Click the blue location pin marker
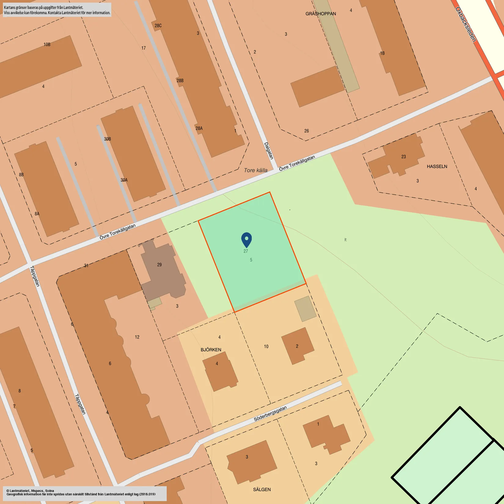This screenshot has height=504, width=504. click(x=247, y=239)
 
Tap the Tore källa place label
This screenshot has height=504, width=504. click(x=256, y=170)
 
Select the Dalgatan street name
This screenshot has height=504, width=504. click(x=268, y=151)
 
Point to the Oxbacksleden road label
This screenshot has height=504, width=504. click(x=466, y=24)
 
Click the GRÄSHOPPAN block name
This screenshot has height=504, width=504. click(x=320, y=14)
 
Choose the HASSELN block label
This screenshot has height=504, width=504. click(x=437, y=166)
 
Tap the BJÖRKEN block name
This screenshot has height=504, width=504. click(x=211, y=350)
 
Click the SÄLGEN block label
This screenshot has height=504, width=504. click(x=262, y=489)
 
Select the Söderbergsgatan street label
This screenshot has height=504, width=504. click(x=270, y=414)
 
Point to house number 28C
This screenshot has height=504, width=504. click(x=158, y=26)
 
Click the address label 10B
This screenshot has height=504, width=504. click(x=47, y=45)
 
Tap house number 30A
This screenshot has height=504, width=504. click(x=124, y=180)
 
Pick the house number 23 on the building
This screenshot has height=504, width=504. click(x=404, y=157)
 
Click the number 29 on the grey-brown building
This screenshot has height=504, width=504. click(x=159, y=265)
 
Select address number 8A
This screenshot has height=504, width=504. click(x=37, y=214)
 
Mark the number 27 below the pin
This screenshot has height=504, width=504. click(x=246, y=251)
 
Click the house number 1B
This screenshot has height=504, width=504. click(x=382, y=53)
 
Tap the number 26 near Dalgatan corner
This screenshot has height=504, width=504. click(x=306, y=131)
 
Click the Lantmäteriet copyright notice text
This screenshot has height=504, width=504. click(x=81, y=492)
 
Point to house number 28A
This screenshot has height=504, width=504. click(x=199, y=128)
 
